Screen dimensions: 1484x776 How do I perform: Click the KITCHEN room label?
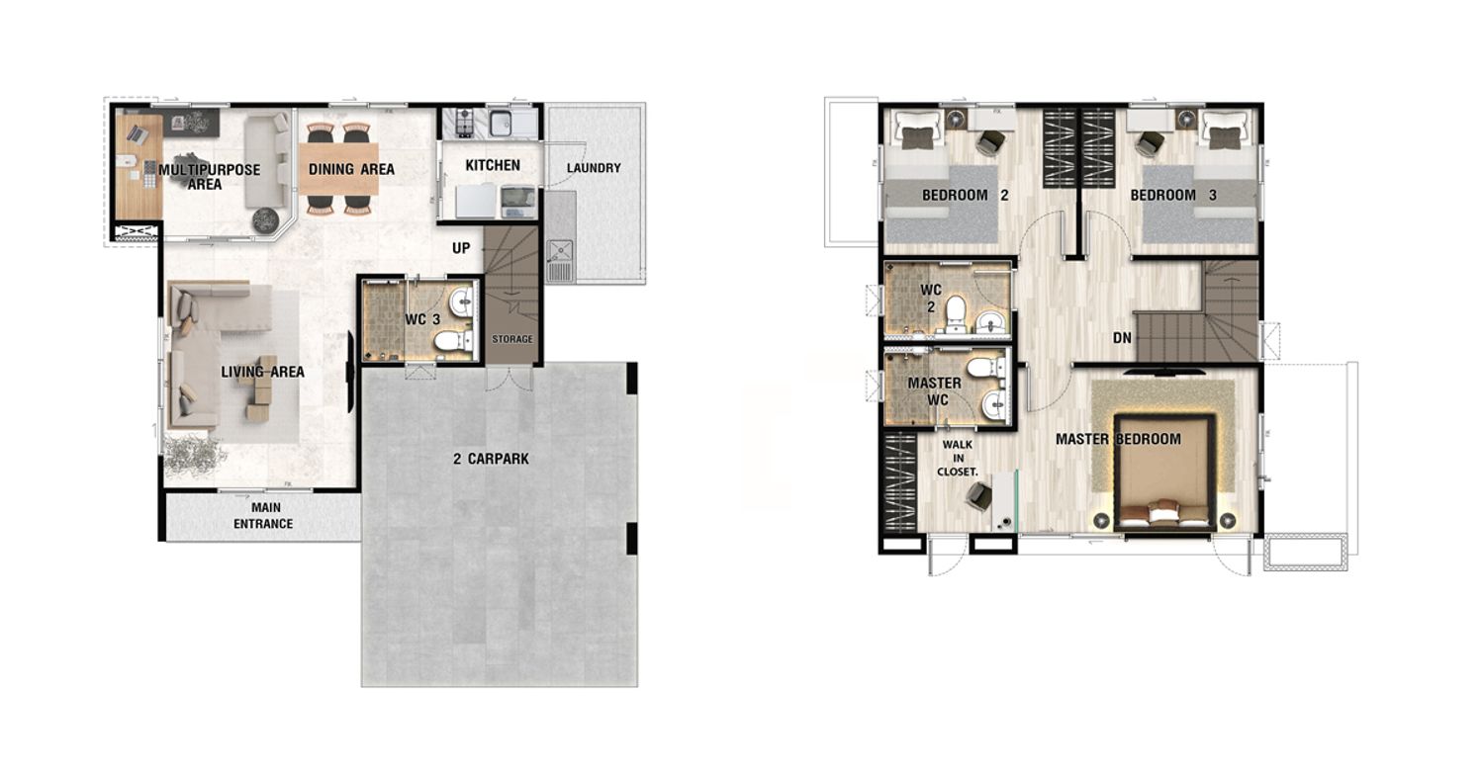tap(493, 165)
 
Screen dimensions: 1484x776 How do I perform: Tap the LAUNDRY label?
tap(594, 168)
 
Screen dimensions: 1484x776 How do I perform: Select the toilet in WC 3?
tap(454, 342)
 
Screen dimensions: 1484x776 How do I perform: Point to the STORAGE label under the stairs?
tap(512, 339)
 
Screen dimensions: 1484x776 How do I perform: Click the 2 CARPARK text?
tap(491, 459)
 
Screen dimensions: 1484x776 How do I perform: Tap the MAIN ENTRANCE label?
tap(263, 516)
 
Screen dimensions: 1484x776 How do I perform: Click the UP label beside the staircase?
tap(461, 248)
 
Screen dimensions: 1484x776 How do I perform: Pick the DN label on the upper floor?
tap(1122, 338)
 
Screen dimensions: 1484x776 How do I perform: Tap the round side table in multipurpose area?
tap(266, 220)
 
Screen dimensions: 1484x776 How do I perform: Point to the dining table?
tap(338, 169)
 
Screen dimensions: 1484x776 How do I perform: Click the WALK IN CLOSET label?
tap(958, 458)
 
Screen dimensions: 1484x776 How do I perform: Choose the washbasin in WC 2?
tap(991, 322)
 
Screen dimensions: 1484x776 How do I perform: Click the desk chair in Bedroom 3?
tap(1152, 141)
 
